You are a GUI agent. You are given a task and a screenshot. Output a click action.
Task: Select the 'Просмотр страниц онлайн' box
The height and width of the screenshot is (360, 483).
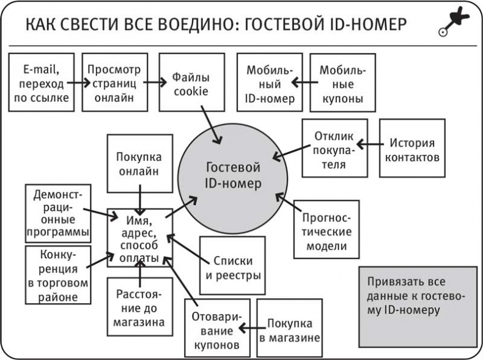114,82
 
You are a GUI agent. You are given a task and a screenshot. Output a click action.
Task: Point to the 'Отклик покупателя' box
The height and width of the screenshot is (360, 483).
334,148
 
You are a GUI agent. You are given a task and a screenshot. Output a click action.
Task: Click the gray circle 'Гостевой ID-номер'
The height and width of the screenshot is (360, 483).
233,175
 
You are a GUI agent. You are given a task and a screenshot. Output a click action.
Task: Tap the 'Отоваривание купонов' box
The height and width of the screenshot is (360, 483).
213,328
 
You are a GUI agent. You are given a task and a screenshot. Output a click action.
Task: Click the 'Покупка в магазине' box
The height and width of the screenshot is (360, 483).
289,328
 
